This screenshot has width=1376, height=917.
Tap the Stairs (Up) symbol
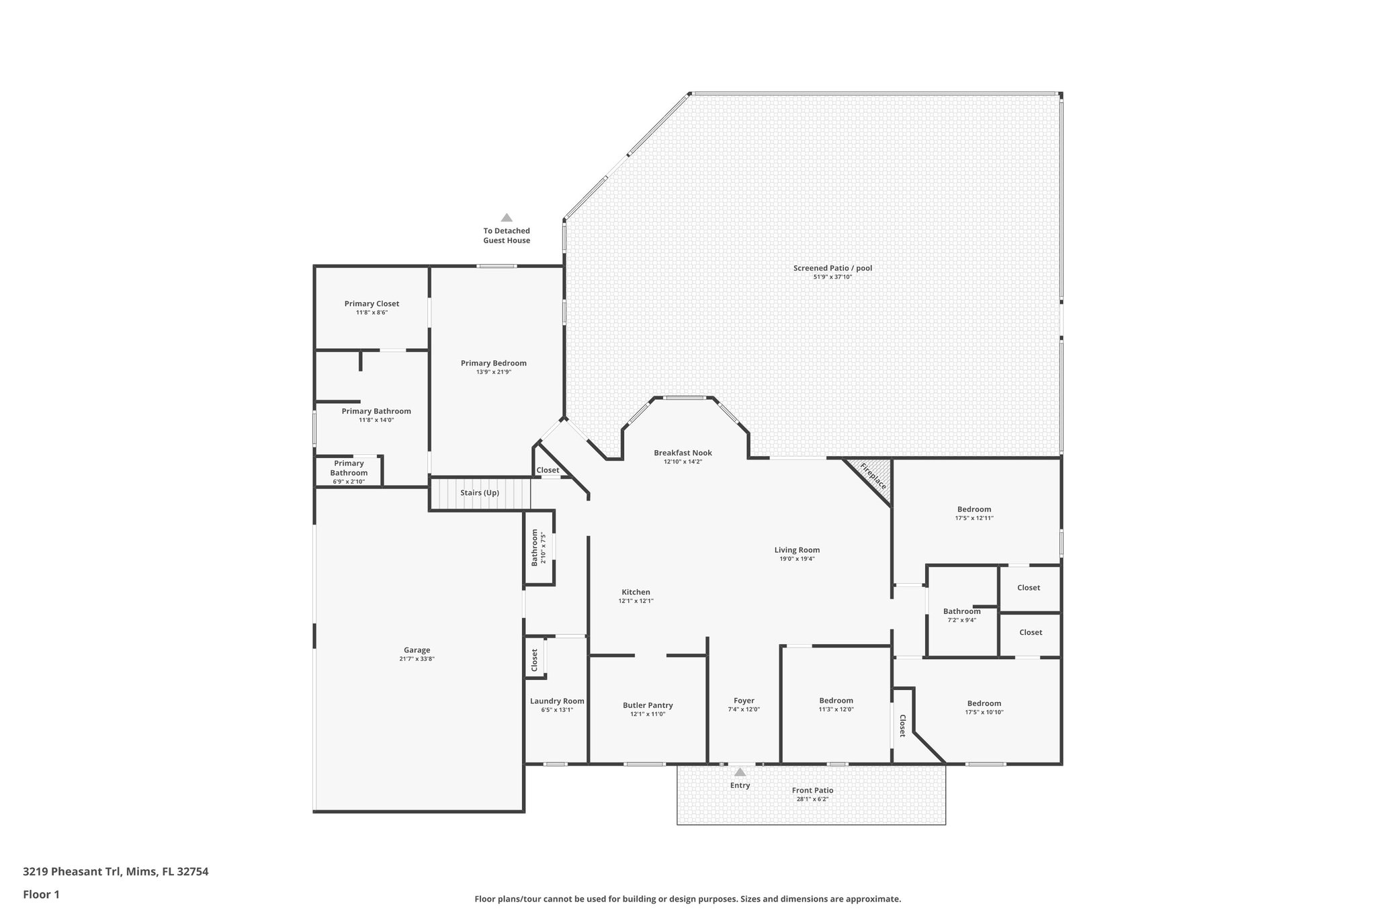pyautogui.click(x=480, y=493)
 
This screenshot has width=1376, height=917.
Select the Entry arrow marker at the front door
pyautogui.click(x=740, y=773)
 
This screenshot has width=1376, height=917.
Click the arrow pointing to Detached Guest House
pyautogui.click(x=507, y=218)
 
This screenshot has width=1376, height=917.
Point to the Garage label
pyautogui.click(x=417, y=650)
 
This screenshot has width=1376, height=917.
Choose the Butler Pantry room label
pyautogui.click(x=648, y=705)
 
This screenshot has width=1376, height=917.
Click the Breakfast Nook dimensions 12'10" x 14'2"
pyautogui.click(x=683, y=462)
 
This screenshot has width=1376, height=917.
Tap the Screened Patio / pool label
pyautogui.click(x=832, y=268)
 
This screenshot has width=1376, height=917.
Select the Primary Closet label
pyautogui.click(x=372, y=304)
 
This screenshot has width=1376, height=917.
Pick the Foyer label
pyautogui.click(x=744, y=701)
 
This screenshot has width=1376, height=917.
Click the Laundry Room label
pyautogui.click(x=557, y=701)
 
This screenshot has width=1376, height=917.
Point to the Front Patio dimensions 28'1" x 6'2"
pyautogui.click(x=812, y=799)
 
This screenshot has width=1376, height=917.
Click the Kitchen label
pyautogui.click(x=636, y=592)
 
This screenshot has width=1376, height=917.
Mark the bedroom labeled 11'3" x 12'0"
pyautogui.click(x=836, y=701)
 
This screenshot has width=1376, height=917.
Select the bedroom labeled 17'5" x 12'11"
pyautogui.click(x=974, y=509)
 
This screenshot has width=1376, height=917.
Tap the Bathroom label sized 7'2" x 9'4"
pyautogui.click(x=961, y=611)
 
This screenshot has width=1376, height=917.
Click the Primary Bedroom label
pyautogui.click(x=494, y=363)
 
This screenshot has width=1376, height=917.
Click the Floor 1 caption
pyautogui.click(x=41, y=895)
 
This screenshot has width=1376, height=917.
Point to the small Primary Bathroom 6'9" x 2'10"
pyautogui.click(x=349, y=468)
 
